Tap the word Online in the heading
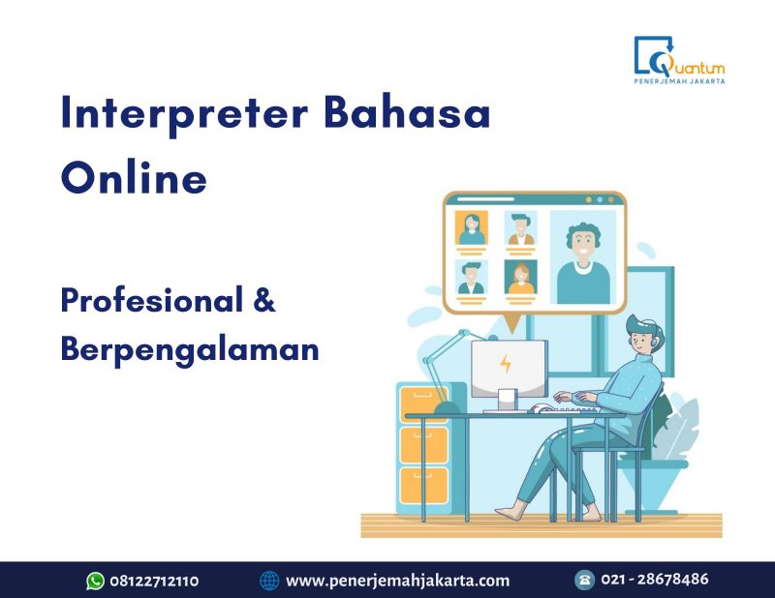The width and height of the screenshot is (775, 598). click(134, 179)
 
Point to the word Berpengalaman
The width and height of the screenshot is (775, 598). click(190, 349)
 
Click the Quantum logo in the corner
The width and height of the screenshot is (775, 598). click(678, 59)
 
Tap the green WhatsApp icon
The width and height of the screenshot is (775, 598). click(95, 581)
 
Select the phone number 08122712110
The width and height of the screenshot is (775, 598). click(155, 581)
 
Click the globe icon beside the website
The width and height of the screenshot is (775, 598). click(269, 581)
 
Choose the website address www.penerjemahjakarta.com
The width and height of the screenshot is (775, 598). click(397, 581)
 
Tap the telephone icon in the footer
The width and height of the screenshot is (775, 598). click(584, 580)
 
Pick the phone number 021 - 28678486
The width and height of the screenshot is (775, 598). click(655, 580)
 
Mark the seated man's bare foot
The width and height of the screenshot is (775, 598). click(512, 509)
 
